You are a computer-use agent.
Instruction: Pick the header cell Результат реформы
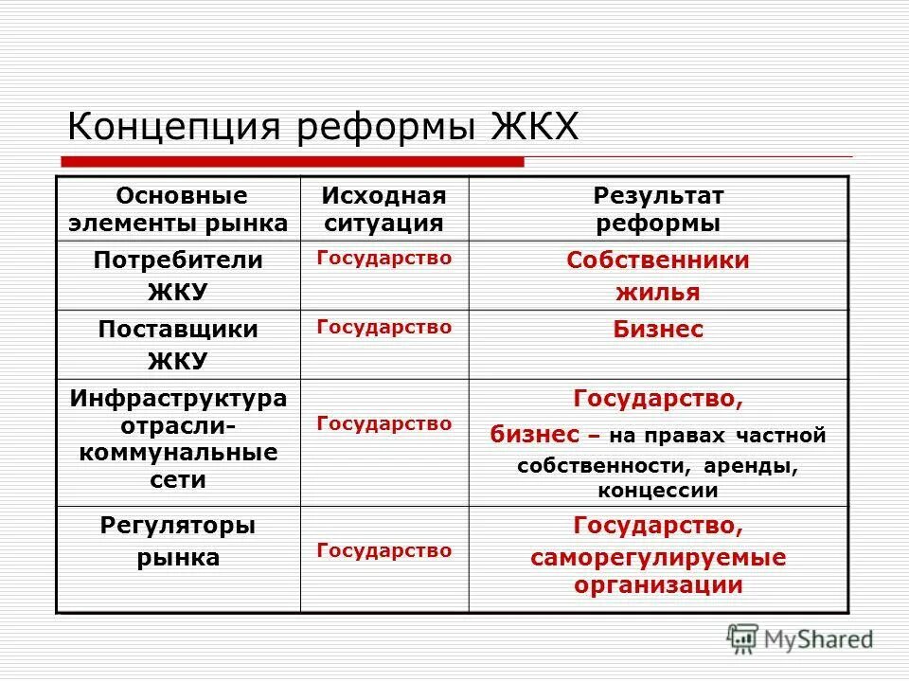658,209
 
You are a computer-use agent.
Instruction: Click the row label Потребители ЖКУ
177,275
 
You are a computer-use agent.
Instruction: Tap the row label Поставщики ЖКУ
177,345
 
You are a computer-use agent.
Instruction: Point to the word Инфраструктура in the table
178,399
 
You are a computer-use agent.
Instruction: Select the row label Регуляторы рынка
177,541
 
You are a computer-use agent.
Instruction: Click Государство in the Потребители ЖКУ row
383,257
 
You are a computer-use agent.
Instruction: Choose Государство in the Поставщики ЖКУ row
383,327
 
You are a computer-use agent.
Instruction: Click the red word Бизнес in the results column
658,330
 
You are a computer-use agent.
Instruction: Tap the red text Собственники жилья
658,276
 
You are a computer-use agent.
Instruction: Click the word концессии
658,491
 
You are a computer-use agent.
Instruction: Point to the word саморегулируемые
658,557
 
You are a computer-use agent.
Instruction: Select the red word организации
658,584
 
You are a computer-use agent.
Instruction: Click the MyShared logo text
820,640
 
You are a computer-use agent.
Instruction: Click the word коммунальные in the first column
178,452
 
